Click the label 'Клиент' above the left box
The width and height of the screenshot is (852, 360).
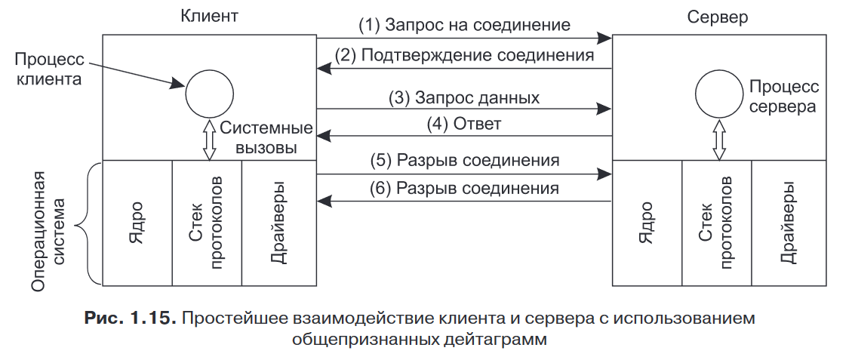(x=209, y=16)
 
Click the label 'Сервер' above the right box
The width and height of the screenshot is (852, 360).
(x=718, y=17)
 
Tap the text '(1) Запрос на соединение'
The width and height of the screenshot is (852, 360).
(x=464, y=25)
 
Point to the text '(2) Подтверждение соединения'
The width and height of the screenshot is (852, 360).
(x=465, y=55)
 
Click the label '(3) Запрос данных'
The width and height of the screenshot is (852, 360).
(x=464, y=98)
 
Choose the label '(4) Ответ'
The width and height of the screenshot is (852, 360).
(x=465, y=124)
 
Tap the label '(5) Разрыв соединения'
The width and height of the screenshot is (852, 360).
(x=464, y=161)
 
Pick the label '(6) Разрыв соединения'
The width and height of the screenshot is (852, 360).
(x=464, y=188)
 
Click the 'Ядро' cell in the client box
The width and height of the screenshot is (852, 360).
(x=137, y=223)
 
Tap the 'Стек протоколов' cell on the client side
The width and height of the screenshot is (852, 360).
(x=207, y=223)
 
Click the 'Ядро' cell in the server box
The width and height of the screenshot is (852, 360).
(x=647, y=223)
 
